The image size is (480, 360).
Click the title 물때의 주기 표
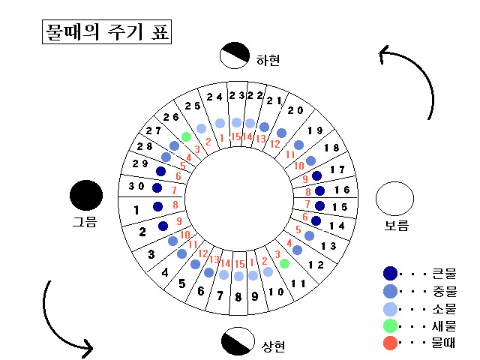coord(106,34)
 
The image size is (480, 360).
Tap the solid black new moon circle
coord(86,196)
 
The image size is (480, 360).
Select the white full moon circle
coord(394,199)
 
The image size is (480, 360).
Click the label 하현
coord(268,60)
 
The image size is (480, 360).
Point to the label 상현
coord(274,346)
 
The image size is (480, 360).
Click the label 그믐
coord(85,222)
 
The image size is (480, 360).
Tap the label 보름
coord(397,225)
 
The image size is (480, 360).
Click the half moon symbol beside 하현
coord(235,55)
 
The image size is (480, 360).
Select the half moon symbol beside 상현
coord(238,341)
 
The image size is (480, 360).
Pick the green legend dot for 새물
coord(390,326)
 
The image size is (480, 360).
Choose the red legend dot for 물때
coord(390,344)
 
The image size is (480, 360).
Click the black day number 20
coord(295,111)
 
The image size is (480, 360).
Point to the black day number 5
coord(181,283)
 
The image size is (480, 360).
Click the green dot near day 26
coord(186,136)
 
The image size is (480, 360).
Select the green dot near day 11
coord(284,263)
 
